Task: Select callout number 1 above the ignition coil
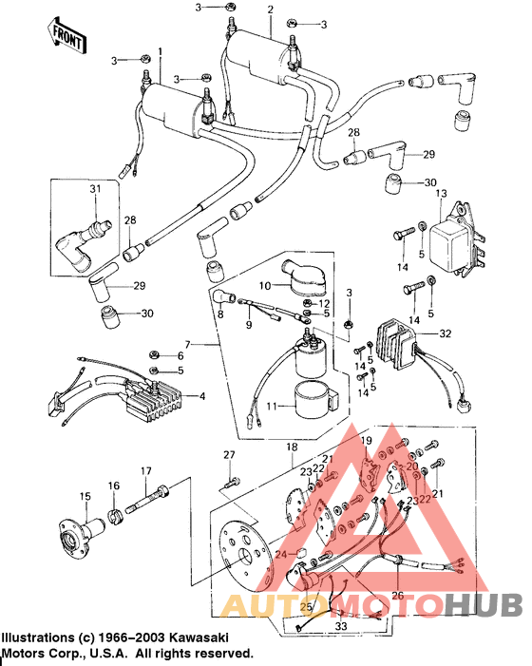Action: tap(161, 52)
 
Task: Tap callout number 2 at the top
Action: tap(271, 10)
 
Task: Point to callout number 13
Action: tap(440, 194)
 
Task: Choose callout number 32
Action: tap(446, 333)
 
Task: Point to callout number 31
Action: tap(95, 190)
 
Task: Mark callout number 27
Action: tap(229, 457)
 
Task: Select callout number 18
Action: tap(291, 446)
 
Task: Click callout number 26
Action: tap(397, 596)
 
